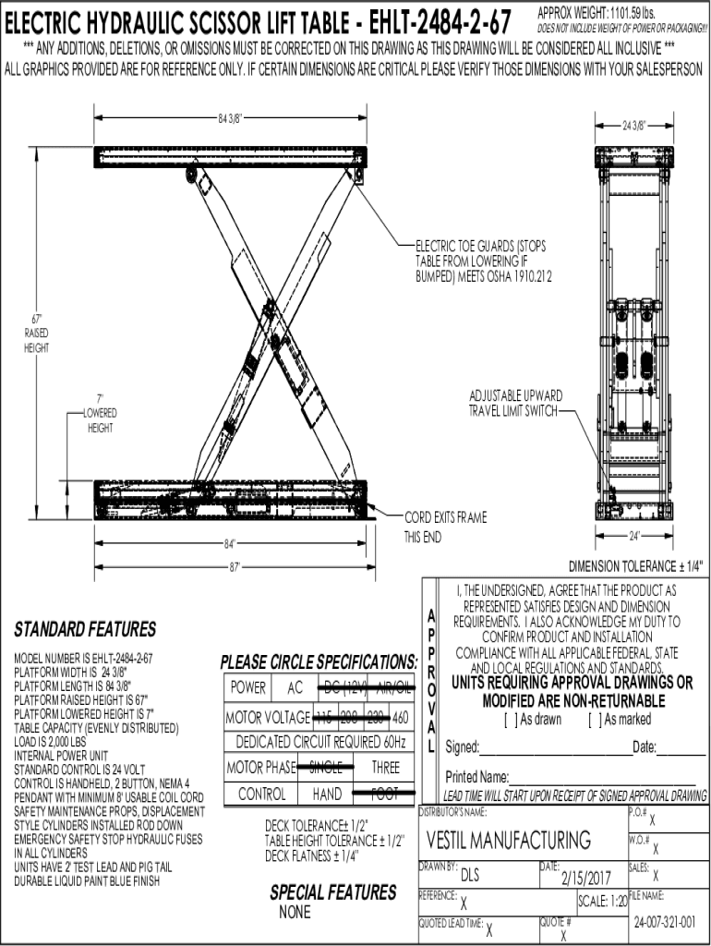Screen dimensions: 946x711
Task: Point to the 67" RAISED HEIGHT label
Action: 36,334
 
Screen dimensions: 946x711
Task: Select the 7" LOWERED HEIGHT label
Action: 100,413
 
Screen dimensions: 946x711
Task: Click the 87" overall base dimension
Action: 235,566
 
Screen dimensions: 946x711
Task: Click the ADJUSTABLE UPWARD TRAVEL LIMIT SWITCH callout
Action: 515,403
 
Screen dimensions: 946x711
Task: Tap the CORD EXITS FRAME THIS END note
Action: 444,527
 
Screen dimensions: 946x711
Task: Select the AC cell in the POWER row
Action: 295,687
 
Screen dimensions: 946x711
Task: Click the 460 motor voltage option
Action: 401,717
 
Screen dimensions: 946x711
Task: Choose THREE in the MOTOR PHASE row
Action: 386,767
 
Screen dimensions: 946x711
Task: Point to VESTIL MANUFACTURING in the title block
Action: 509,840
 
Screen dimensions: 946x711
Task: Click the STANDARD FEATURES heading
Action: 84,630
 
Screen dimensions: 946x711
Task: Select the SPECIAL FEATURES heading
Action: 332,892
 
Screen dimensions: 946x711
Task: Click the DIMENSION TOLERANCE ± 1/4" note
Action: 639,565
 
